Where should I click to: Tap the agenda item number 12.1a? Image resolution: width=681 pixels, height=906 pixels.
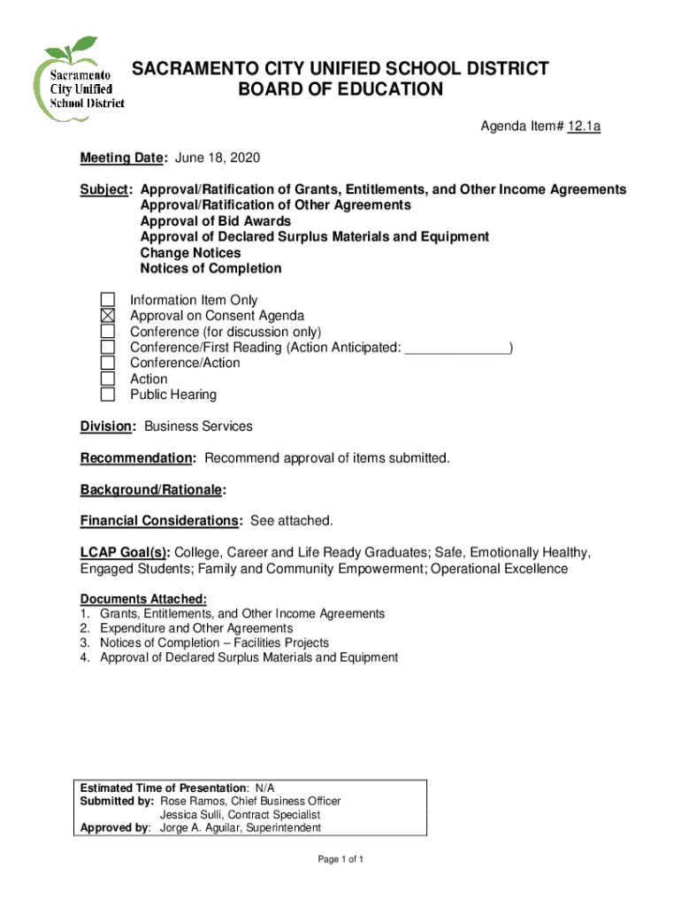point(584,127)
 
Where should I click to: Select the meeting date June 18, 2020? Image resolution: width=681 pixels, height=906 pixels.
point(218,158)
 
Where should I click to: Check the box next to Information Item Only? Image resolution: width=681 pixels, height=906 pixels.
point(107,301)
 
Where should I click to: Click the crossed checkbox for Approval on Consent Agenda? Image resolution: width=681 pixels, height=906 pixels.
point(107,316)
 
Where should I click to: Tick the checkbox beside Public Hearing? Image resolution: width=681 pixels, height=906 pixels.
point(107,395)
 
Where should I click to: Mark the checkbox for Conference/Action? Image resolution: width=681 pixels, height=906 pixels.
point(107,363)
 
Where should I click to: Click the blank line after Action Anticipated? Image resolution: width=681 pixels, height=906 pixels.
point(456,348)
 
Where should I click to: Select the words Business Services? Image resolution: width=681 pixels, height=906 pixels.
point(198,426)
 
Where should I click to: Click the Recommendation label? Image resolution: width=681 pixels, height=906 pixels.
point(137,458)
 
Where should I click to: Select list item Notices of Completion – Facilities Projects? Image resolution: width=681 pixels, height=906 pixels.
point(214,643)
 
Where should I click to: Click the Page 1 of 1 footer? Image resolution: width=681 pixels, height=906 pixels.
point(340,860)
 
